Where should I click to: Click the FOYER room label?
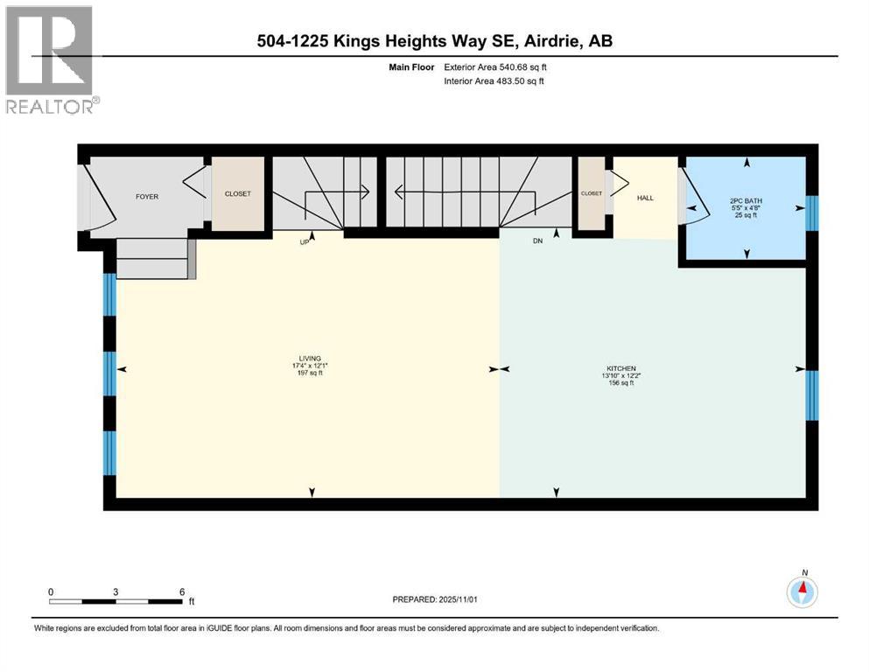click(x=147, y=197)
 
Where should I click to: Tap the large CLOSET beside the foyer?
click(x=238, y=195)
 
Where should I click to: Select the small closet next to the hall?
click(x=591, y=193)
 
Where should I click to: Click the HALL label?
click(x=645, y=198)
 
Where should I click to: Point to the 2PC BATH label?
click(x=746, y=201)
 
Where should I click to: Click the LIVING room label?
click(x=308, y=359)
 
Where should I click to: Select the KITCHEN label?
click(x=618, y=368)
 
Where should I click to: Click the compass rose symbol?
click(x=802, y=593)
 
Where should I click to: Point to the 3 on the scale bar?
click(x=116, y=591)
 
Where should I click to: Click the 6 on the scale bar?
click(x=181, y=591)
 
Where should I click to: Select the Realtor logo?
click(x=50, y=60)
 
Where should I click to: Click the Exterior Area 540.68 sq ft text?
click(x=499, y=66)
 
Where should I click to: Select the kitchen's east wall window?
click(x=811, y=396)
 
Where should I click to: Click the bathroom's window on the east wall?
click(x=811, y=212)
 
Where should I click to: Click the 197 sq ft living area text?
click(x=308, y=373)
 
